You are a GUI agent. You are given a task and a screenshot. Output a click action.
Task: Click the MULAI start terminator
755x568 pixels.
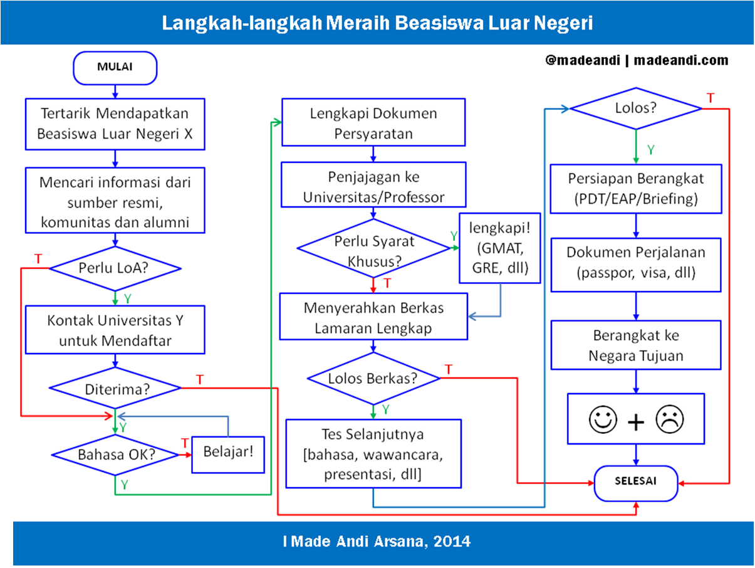click(x=115, y=68)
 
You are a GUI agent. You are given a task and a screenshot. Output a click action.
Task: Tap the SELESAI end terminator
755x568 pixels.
click(x=636, y=483)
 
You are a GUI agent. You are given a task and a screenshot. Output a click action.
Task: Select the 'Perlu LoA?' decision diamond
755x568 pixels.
click(x=115, y=268)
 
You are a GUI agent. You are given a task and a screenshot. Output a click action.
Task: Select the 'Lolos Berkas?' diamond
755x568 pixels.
click(x=374, y=378)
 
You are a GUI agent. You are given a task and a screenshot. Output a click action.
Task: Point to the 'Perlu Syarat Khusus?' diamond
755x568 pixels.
click(x=374, y=249)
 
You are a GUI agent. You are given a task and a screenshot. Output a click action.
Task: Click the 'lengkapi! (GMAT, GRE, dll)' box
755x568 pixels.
click(x=500, y=248)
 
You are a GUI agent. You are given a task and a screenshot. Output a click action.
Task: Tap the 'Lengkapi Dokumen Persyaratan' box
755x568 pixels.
click(x=373, y=123)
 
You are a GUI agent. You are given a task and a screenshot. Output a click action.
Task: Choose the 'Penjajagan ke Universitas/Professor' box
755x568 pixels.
click(x=373, y=186)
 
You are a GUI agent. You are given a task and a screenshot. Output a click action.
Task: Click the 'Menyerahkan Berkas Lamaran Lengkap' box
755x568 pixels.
click(x=373, y=317)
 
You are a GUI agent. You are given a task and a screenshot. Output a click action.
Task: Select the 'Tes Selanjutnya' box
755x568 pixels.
click(x=373, y=453)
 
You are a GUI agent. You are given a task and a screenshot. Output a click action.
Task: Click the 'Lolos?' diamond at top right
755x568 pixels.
click(x=636, y=108)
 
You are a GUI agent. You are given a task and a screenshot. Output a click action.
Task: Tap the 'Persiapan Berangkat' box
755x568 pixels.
click(x=636, y=189)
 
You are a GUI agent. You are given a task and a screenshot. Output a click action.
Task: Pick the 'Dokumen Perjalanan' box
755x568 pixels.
click(x=636, y=263)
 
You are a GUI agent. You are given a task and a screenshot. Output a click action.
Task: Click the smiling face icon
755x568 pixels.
click(x=603, y=420)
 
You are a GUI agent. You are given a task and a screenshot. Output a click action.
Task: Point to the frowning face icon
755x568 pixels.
click(x=669, y=420)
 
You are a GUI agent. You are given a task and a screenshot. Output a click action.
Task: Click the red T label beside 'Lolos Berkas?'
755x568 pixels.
click(x=449, y=370)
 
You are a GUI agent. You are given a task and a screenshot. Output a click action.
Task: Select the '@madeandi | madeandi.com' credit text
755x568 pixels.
click(x=637, y=60)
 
